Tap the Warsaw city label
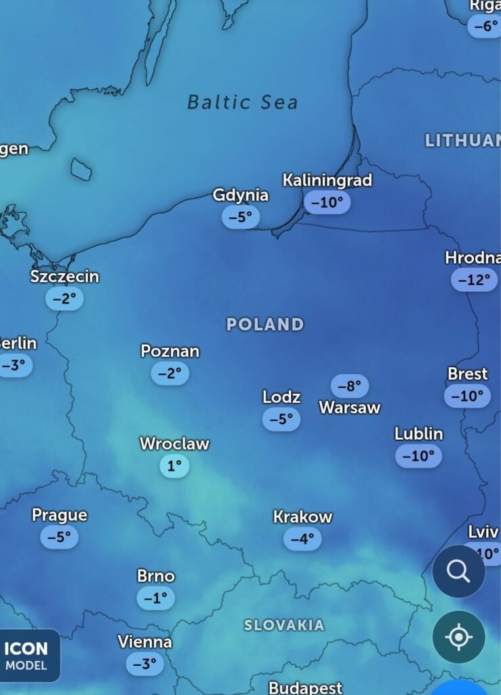[x=350, y=408]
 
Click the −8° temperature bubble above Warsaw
[x=350, y=386]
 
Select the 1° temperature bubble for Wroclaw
[x=174, y=466]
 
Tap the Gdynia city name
[x=241, y=195]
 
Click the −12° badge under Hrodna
[x=474, y=280]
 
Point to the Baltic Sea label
[x=242, y=102]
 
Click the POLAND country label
[x=265, y=324]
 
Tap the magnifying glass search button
[x=458, y=571]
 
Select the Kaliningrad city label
[x=327, y=181]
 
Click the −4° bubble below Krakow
[x=302, y=539]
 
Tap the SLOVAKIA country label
[x=284, y=625]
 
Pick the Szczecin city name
[x=64, y=277]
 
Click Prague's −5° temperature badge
[x=60, y=537]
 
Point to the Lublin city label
[x=419, y=434]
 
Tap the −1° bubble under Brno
[x=156, y=598]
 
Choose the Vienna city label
[x=144, y=642]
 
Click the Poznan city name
[x=170, y=352]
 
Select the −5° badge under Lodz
[x=281, y=419]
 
